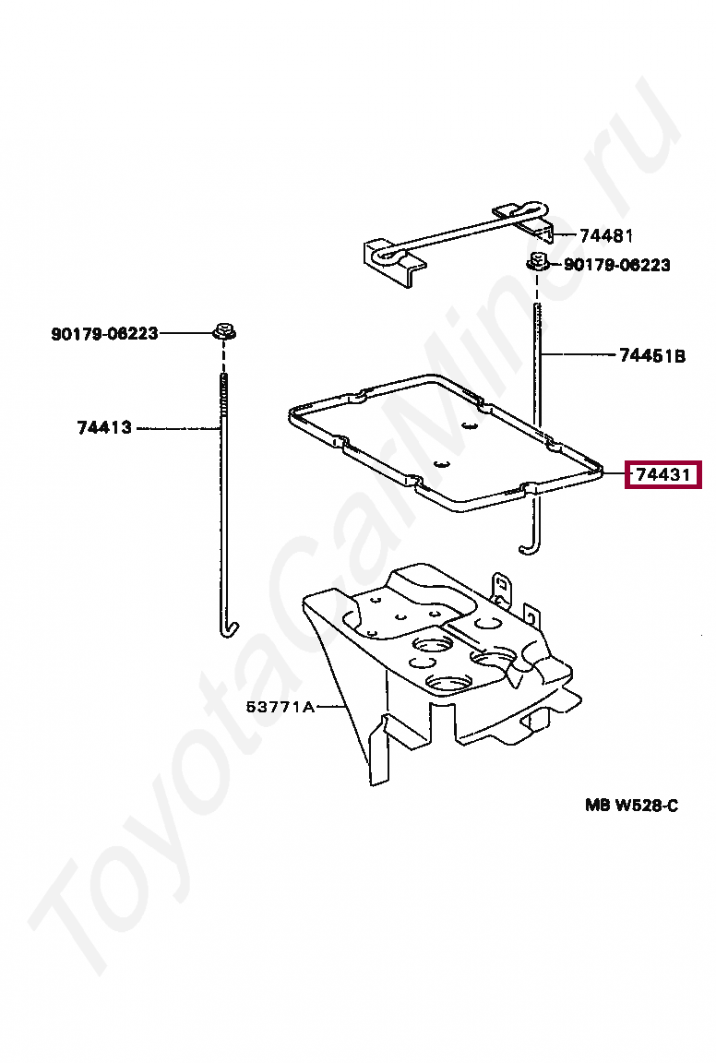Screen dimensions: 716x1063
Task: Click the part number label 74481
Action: pyautogui.click(x=606, y=235)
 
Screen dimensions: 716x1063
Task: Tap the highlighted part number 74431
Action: pyautogui.click(x=662, y=475)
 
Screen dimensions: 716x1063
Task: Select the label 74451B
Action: pyautogui.click(x=651, y=355)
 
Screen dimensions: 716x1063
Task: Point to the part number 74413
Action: pyautogui.click(x=104, y=427)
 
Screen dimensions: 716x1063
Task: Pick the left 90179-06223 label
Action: pyautogui.click(x=104, y=333)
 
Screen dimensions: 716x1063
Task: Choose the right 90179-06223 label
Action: pyautogui.click(x=617, y=265)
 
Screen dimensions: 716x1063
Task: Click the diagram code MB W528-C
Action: pyautogui.click(x=631, y=806)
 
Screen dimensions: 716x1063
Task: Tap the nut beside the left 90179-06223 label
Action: pyautogui.click(x=222, y=330)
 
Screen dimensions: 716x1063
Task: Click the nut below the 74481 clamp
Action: pyautogui.click(x=536, y=262)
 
